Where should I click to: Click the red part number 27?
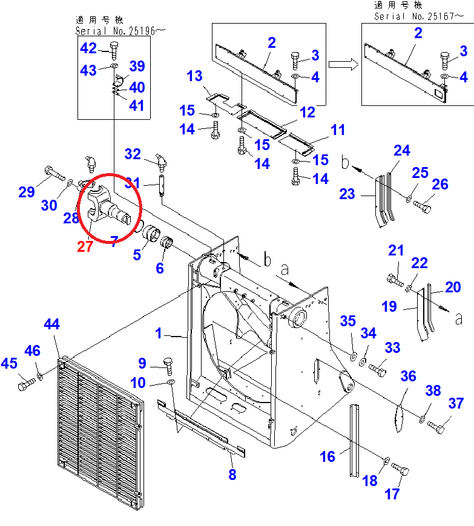click(x=85, y=246)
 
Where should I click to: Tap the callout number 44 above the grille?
click(x=51, y=324)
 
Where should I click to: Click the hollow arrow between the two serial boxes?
click(x=343, y=64)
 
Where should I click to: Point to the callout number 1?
click(x=159, y=334)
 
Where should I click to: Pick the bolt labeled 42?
click(x=114, y=50)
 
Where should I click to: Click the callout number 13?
click(x=194, y=76)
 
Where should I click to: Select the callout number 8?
click(x=232, y=475)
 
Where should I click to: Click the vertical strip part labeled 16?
click(x=354, y=441)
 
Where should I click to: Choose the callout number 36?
click(x=408, y=376)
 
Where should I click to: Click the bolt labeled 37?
click(x=436, y=427)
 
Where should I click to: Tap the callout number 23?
click(x=347, y=194)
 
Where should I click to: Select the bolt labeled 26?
click(x=422, y=206)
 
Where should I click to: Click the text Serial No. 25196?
click(x=115, y=31)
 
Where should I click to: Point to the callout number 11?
click(x=337, y=130)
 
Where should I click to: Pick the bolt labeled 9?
click(x=168, y=366)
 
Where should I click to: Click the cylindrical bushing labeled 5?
click(x=151, y=232)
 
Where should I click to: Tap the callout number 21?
click(x=396, y=250)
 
